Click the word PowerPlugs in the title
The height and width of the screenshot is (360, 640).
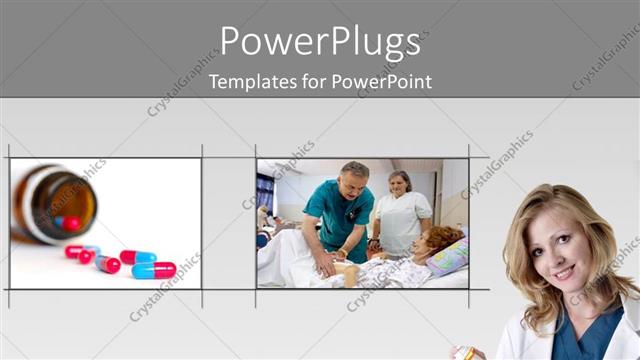320,43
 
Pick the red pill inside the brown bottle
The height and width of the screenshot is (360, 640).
70,222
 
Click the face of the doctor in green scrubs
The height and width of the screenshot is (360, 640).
353,180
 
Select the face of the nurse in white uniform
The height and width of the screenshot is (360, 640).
398,184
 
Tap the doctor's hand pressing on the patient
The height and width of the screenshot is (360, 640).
325,266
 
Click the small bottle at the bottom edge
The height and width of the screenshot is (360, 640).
464,353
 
